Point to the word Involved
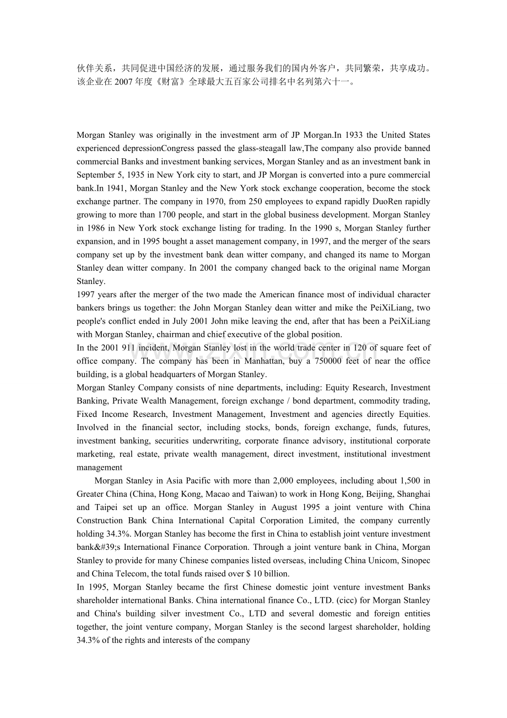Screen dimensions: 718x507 (x=91, y=427)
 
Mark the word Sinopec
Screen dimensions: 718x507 (x=416, y=561)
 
